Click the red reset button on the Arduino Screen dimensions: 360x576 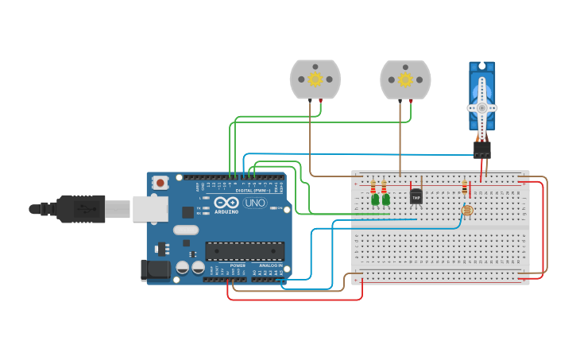(x=160, y=183)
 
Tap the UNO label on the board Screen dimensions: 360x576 (x=255, y=203)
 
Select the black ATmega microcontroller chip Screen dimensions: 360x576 (x=245, y=251)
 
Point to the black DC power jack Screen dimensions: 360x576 (x=154, y=270)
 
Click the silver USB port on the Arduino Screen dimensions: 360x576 (x=149, y=209)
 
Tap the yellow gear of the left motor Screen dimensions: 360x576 (x=315, y=79)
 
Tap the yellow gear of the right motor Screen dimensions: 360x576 (x=405, y=79)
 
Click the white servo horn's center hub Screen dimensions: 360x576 (x=481, y=107)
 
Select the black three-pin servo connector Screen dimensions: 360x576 (x=481, y=149)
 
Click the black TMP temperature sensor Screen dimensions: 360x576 (x=416, y=196)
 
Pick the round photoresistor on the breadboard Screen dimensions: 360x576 (x=466, y=211)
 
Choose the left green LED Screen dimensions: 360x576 (x=374, y=199)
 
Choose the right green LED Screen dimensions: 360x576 (x=385, y=199)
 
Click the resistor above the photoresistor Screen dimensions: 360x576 (x=465, y=188)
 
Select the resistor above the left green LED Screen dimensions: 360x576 (x=373, y=187)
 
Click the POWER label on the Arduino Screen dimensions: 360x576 (x=238, y=265)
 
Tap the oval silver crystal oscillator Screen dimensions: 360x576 (x=184, y=230)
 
